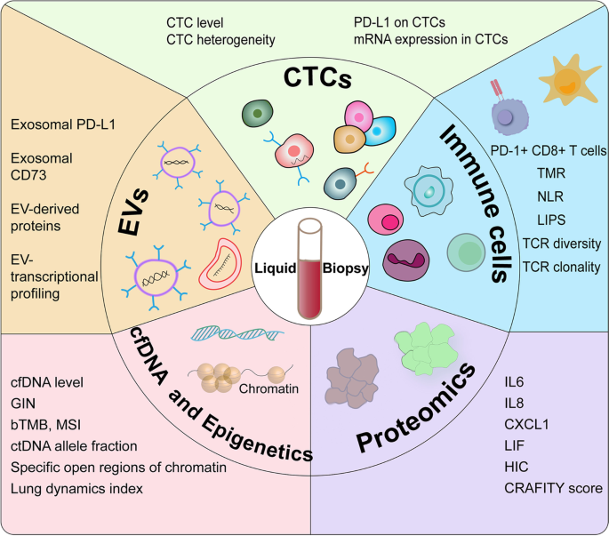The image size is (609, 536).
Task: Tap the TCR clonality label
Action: [x=549, y=266]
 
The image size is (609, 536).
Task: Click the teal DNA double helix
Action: [x=235, y=336]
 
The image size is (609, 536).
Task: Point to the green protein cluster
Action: [x=432, y=344]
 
